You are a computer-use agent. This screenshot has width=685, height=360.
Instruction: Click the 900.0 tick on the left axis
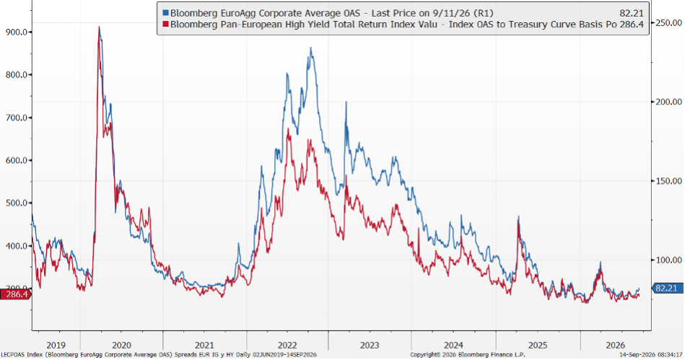pyautogui.click(x=17, y=32)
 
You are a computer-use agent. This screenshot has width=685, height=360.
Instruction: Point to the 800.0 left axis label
pyautogui.click(x=17, y=75)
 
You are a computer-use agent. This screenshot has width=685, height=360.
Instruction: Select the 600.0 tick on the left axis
pyautogui.click(x=17, y=160)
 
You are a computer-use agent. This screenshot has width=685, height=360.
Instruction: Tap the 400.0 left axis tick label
pyautogui.click(x=17, y=246)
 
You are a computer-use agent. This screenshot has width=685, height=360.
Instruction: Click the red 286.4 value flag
pyautogui.click(x=15, y=294)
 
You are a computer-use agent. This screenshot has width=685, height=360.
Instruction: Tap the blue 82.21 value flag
pyautogui.click(x=667, y=289)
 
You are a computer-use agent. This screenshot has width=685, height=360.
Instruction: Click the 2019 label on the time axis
pyautogui.click(x=56, y=345)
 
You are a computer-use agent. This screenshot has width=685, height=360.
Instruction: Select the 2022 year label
pyautogui.click(x=287, y=345)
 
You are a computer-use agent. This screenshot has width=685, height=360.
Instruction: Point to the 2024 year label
pyautogui.click(x=453, y=345)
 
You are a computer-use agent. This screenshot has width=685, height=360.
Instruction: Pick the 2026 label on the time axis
pyautogui.click(x=615, y=345)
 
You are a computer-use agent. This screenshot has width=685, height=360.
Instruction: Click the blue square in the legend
pyautogui.click(x=165, y=13)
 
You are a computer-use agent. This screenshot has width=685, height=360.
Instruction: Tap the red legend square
pyautogui.click(x=165, y=24)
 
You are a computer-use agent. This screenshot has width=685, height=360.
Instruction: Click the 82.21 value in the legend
pyautogui.click(x=632, y=14)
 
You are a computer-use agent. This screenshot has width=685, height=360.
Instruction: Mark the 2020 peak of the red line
pyautogui.click(x=99, y=27)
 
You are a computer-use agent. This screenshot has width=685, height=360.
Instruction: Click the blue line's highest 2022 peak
pyautogui.click(x=310, y=48)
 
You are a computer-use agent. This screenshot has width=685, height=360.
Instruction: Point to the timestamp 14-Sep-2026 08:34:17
pyautogui.click(x=651, y=355)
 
